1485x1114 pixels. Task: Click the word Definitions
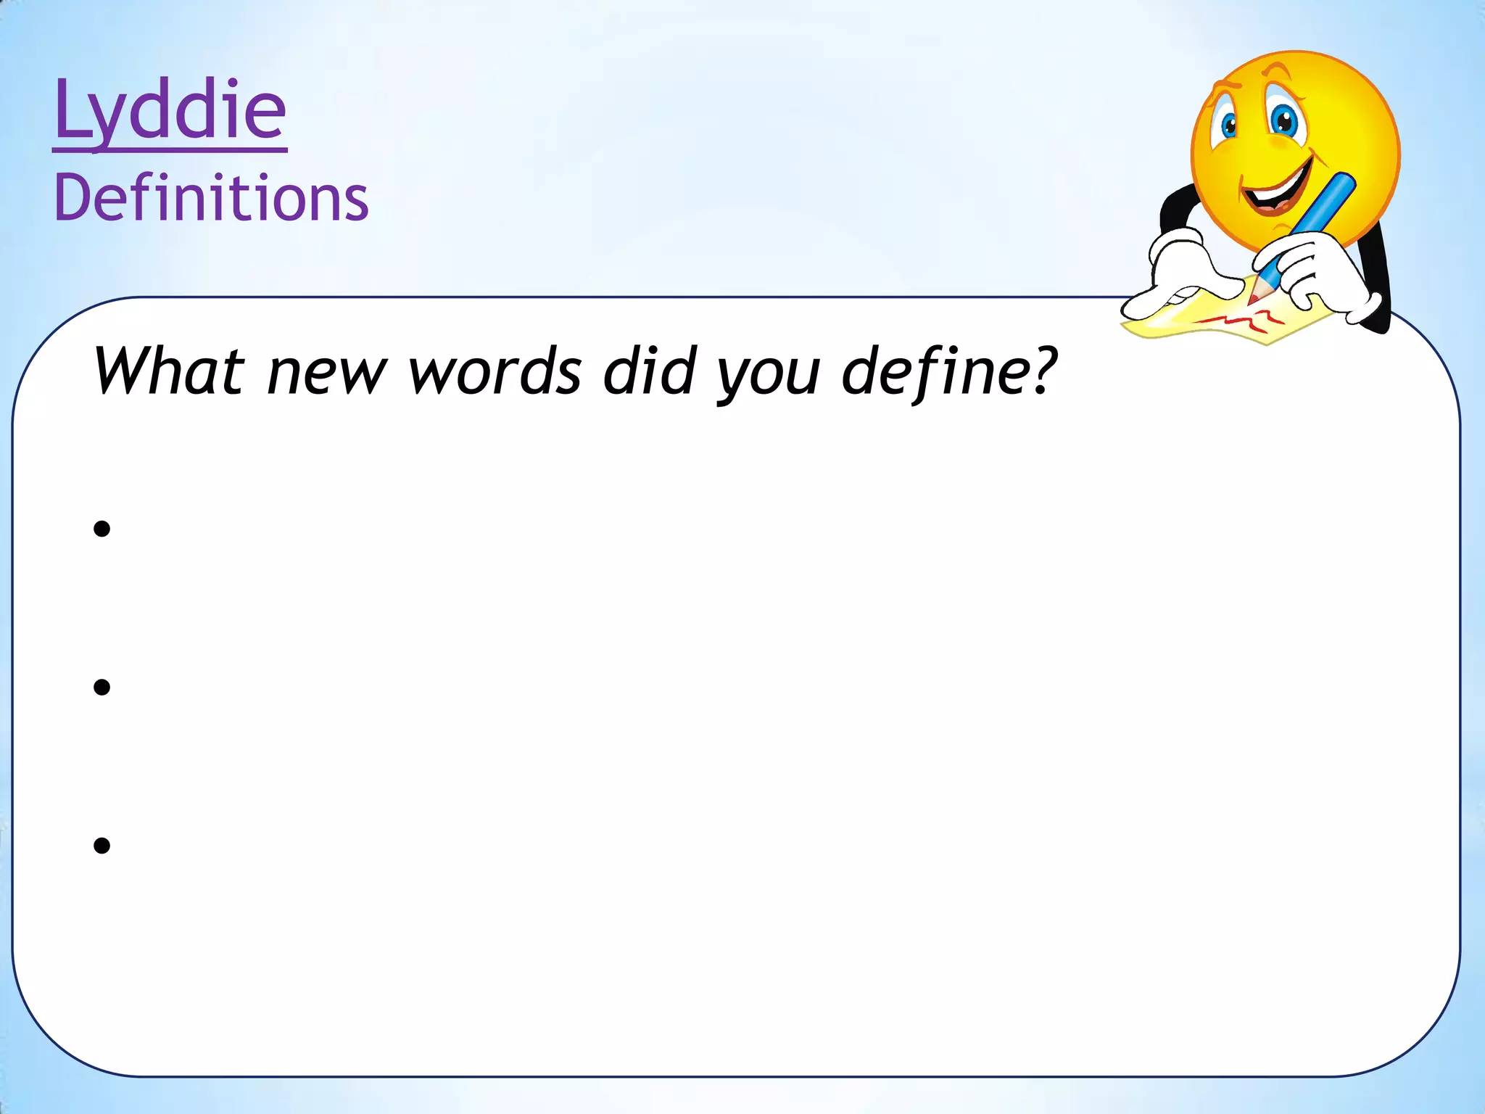point(211,197)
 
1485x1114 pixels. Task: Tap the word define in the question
point(935,371)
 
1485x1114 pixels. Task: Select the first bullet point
point(102,529)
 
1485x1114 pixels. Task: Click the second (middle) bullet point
point(102,687)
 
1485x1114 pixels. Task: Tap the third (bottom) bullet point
point(102,845)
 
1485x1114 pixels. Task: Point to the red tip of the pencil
point(1253,297)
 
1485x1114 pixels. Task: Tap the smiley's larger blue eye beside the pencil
point(1285,121)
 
